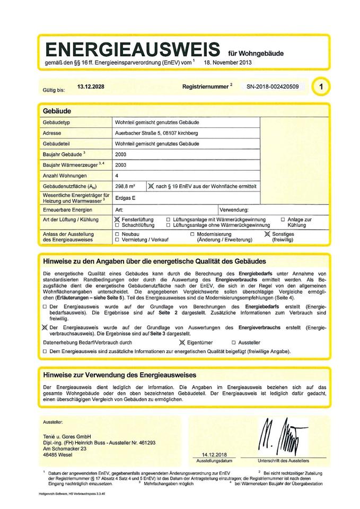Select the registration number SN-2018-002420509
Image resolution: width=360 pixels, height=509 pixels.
tap(273, 86)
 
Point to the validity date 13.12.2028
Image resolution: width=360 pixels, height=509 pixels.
tap(91, 85)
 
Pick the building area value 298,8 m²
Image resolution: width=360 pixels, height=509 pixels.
tap(125, 186)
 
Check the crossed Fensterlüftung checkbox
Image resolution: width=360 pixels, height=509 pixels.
tap(117, 219)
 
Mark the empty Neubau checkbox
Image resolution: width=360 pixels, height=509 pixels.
tap(117, 234)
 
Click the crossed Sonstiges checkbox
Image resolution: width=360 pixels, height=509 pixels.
tap(267, 234)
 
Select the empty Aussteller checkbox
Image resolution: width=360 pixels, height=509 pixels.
tap(233, 343)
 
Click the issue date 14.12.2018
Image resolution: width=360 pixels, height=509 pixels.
tap(210, 455)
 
